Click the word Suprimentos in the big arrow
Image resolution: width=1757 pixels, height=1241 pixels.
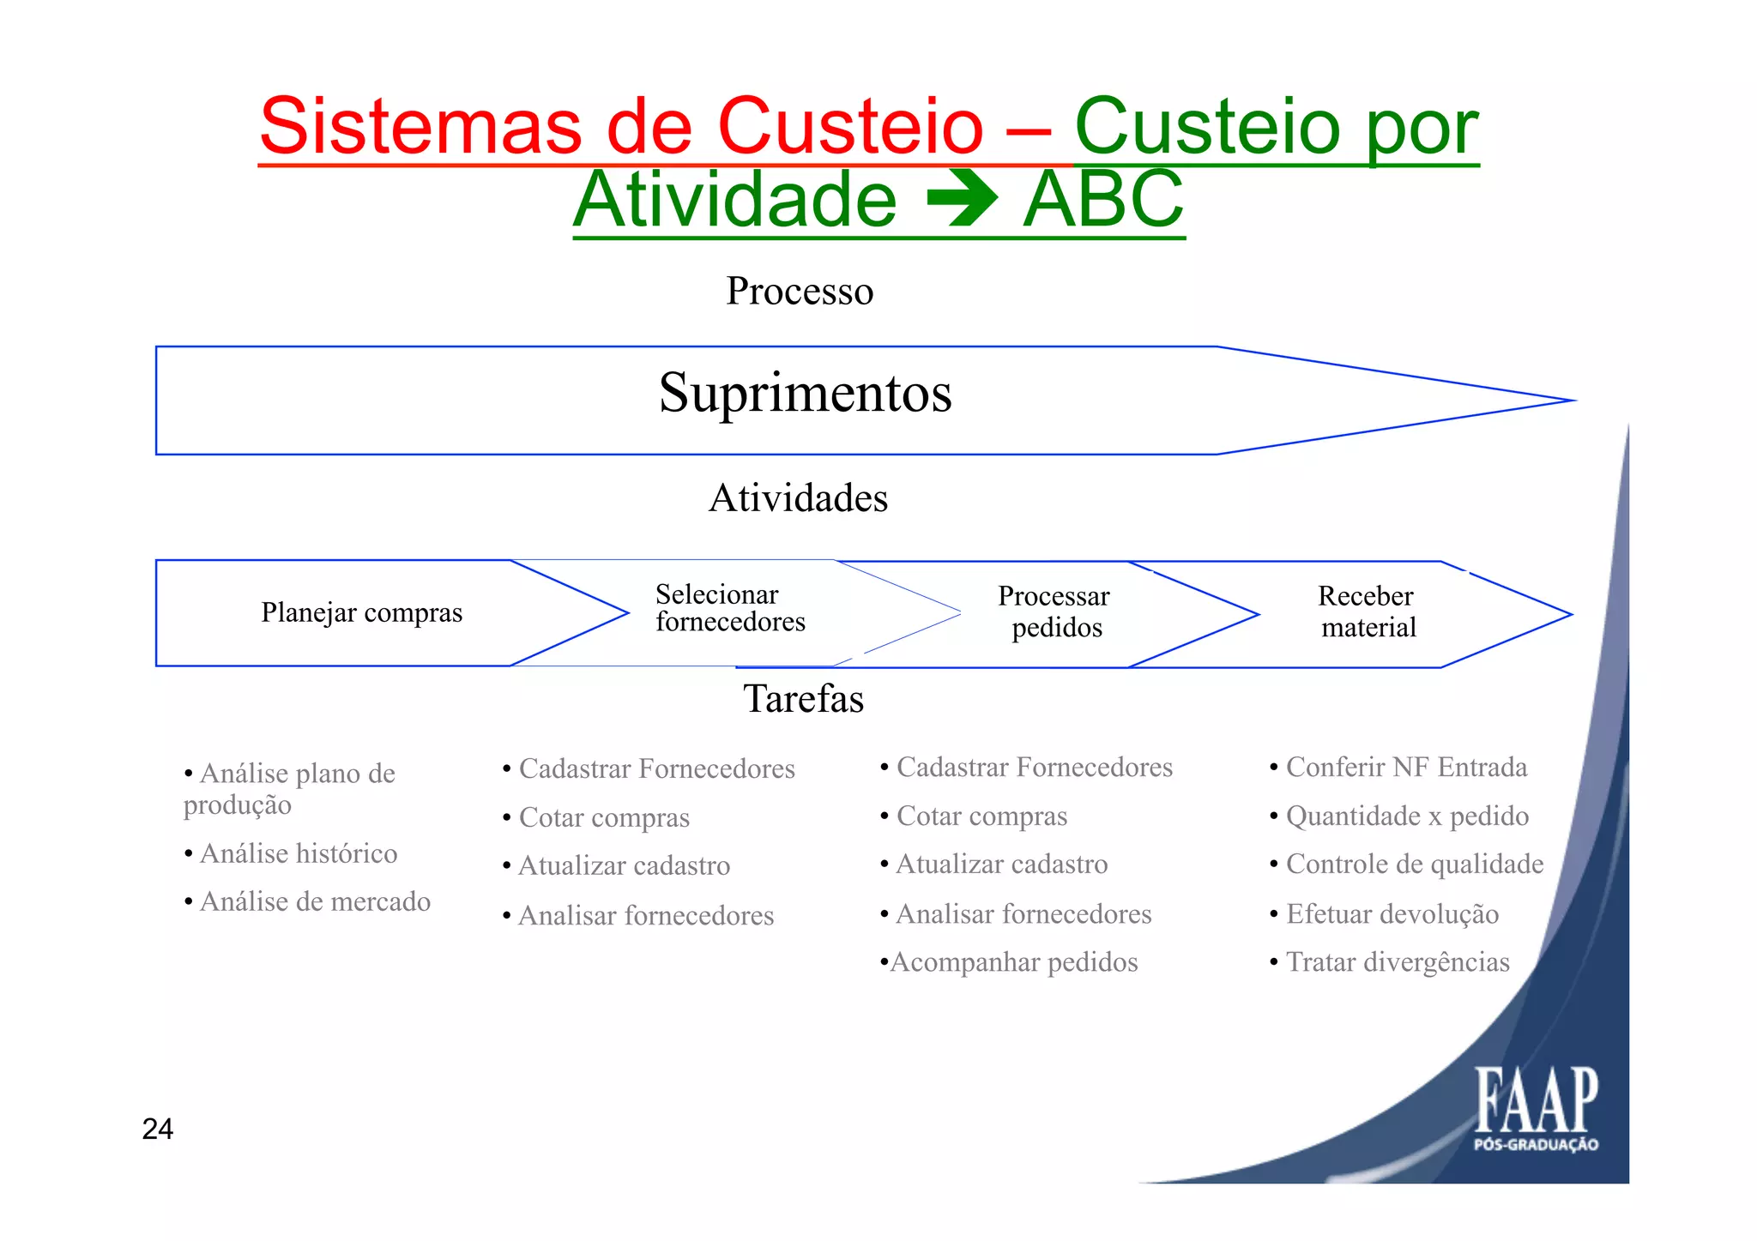coord(805,394)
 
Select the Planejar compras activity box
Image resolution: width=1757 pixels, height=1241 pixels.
coord(361,613)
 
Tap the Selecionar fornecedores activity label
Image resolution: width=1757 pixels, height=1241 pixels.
coord(730,608)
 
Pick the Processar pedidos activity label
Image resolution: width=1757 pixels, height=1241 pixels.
coord(1054,611)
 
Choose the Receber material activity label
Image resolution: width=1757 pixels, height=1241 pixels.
coord(1367,611)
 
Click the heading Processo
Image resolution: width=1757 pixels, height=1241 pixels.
coord(800,292)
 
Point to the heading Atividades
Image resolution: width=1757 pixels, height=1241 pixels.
coord(798,498)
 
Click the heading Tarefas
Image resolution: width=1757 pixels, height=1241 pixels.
coord(803,699)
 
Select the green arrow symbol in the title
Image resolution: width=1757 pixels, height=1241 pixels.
coord(962,200)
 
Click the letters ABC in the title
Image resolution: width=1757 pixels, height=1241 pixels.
coord(1103,200)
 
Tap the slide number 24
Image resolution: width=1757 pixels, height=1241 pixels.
coord(158,1130)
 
